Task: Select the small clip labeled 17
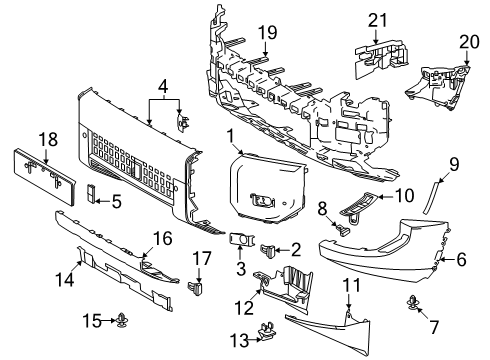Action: [196, 289]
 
